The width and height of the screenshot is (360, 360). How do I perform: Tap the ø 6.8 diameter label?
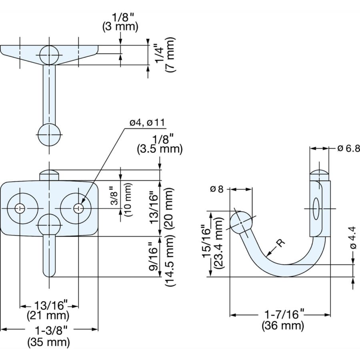pyautogui.click(x=348, y=148)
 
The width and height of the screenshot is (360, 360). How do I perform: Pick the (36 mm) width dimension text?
pyautogui.click(x=283, y=326)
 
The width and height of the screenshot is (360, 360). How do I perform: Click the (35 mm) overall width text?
pyautogui.click(x=48, y=342)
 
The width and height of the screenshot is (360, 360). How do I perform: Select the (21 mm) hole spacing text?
pyautogui.click(x=48, y=316)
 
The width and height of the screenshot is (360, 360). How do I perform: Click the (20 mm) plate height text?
pyautogui.click(x=170, y=208)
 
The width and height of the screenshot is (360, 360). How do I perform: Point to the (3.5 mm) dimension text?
pyautogui.click(x=160, y=150)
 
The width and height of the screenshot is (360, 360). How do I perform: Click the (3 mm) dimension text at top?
pyautogui.click(x=120, y=27)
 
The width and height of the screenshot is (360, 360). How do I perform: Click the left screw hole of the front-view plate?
pyautogui.click(x=20, y=208)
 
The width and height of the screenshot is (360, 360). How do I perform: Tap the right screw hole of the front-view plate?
pyautogui.click(x=78, y=208)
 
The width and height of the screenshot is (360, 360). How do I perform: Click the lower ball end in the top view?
pyautogui.click(x=49, y=135)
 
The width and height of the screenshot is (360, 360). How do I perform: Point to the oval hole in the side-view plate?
pyautogui.click(x=316, y=208)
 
